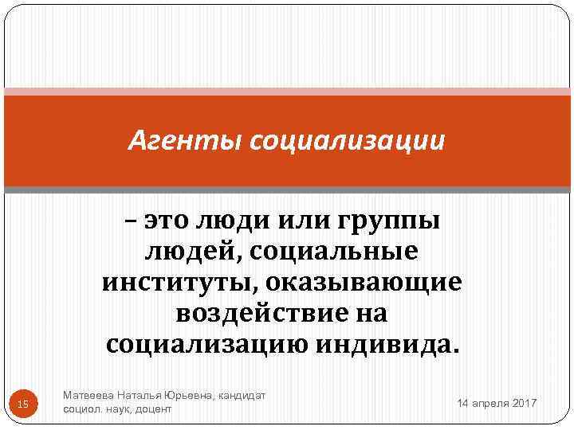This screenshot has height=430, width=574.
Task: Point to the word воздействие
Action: (251, 313)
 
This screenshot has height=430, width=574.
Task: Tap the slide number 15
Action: (22, 405)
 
